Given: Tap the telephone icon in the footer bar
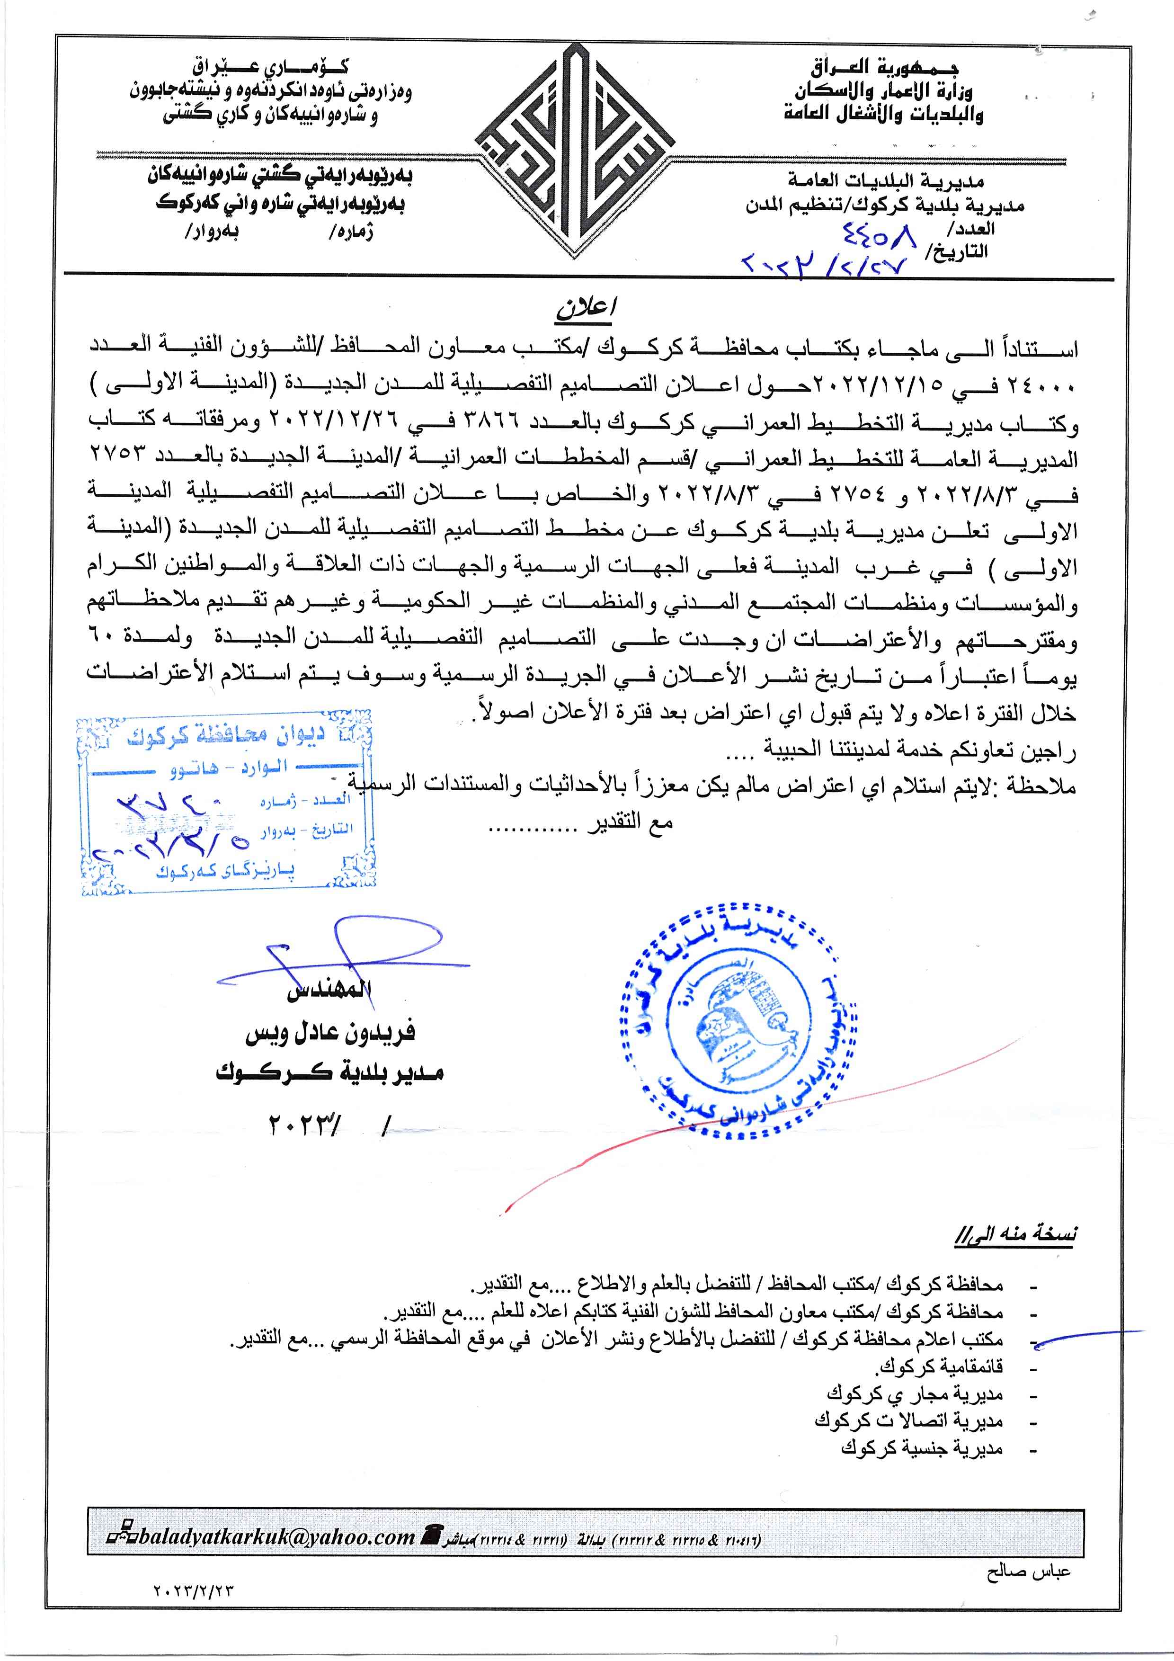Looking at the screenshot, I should point(434,1535).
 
